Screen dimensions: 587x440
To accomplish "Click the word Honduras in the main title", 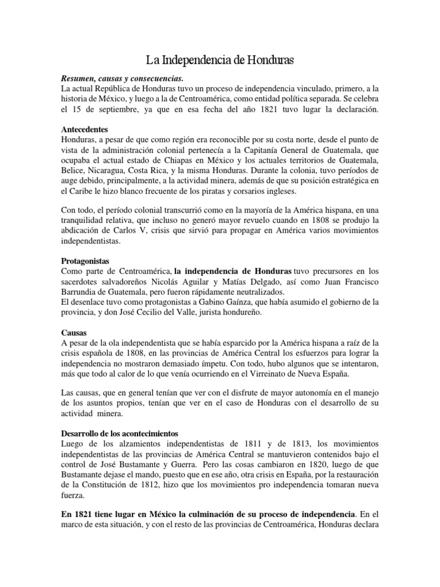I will click(267, 59).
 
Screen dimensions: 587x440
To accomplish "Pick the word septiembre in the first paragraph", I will click(127, 109).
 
